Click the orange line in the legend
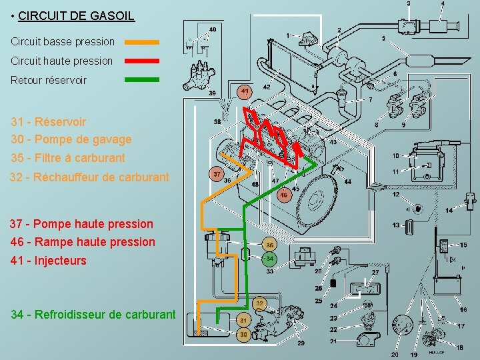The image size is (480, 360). tap(143, 42)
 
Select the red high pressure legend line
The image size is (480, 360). tap(143, 61)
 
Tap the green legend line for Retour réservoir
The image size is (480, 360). tap(143, 79)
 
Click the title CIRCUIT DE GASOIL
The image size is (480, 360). tap(76, 15)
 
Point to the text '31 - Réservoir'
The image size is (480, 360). tap(48, 122)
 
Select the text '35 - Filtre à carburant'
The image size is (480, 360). tap(68, 159)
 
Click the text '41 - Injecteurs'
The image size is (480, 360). tap(49, 261)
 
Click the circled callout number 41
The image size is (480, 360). tap(245, 91)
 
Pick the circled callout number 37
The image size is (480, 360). tap(217, 174)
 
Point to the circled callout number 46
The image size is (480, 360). tap(283, 195)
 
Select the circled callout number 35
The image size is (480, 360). tap(269, 245)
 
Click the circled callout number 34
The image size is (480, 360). tap(269, 258)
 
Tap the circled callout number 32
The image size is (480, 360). tap(260, 303)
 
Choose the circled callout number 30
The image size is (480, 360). tap(244, 333)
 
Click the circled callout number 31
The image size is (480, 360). tap(244, 320)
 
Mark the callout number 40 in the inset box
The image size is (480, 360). tap(212, 29)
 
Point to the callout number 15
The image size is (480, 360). tap(463, 245)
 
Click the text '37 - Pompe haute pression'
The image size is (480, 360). tap(82, 224)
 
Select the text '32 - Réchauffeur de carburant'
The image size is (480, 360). tap(89, 177)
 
